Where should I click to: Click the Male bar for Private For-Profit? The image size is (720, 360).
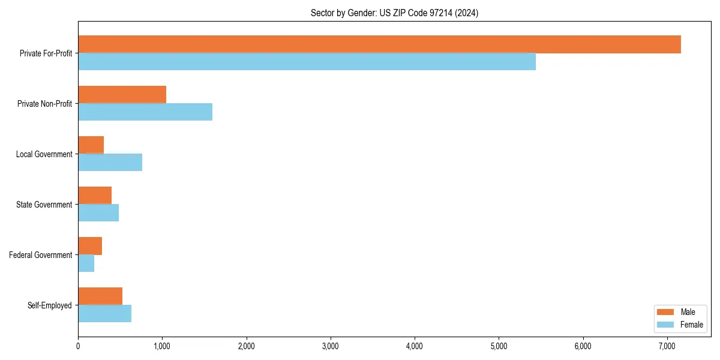pyautogui.click(x=379, y=44)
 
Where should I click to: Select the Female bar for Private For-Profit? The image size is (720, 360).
pyautogui.click(x=307, y=62)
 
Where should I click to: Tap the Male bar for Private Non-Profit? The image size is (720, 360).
pyautogui.click(x=122, y=95)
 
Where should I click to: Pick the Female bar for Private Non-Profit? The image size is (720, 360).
pyautogui.click(x=145, y=112)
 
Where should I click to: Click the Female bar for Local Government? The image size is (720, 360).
pyautogui.click(x=110, y=163)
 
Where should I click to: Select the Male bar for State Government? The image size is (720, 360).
pyautogui.click(x=95, y=196)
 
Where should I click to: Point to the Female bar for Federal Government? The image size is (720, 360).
pyautogui.click(x=86, y=263)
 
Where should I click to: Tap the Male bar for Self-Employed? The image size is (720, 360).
pyautogui.click(x=100, y=296)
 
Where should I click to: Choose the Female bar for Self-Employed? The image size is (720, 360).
pyautogui.click(x=104, y=314)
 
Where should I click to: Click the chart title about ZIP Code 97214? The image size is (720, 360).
pyautogui.click(x=394, y=13)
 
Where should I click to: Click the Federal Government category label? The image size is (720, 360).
pyautogui.click(x=41, y=255)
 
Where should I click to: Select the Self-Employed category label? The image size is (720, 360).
pyautogui.click(x=50, y=305)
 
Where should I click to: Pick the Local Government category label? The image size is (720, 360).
pyautogui.click(x=44, y=154)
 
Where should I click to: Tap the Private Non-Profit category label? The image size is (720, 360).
pyautogui.click(x=44, y=104)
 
